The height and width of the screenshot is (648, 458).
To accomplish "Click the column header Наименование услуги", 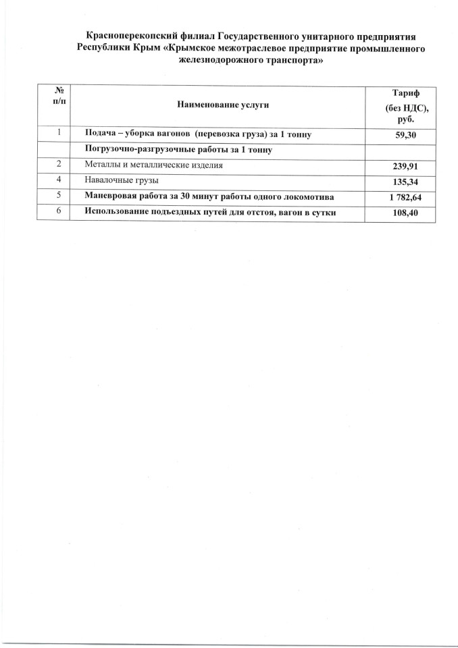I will (223, 105).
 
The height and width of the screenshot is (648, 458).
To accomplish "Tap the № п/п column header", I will (60, 94).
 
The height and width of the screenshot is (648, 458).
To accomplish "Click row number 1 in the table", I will (60, 133).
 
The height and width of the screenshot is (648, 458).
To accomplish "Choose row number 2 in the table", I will (60, 164).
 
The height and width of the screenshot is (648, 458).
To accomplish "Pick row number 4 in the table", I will (60, 180).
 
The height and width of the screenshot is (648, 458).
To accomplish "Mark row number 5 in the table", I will (60, 196).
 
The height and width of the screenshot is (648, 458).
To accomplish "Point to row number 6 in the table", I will (60, 211).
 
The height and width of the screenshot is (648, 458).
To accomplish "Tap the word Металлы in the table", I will (102, 165).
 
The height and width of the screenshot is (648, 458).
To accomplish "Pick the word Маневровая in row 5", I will (111, 196).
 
